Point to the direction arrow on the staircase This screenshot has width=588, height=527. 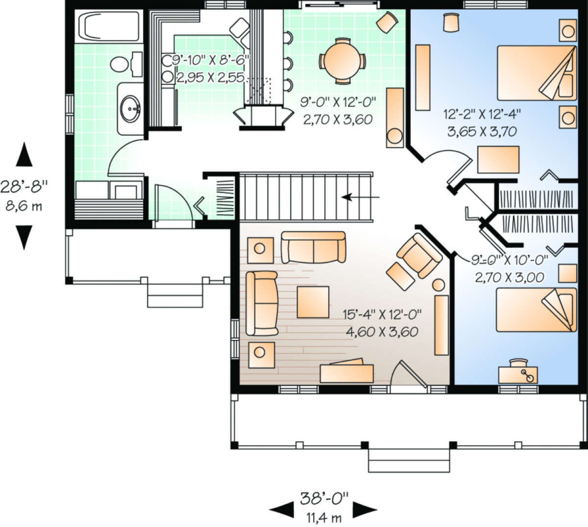coord(360,197)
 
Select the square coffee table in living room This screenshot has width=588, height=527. coord(312,302)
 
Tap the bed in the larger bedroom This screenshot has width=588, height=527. coord(537,73)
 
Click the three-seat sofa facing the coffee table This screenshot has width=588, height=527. coord(262,304)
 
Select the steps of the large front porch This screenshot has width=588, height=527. coord(409,460)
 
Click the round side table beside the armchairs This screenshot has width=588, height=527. coord(438,285)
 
